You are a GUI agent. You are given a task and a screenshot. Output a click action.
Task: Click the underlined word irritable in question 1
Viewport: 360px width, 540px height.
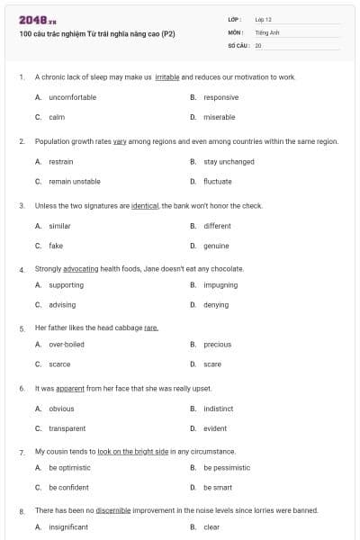[167, 77]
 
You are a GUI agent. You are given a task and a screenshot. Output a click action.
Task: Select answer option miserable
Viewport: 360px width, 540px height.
[219, 117]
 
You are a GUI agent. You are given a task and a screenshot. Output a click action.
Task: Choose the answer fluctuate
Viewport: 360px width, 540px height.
[217, 181]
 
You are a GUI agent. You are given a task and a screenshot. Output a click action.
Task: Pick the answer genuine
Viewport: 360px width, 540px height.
[216, 246]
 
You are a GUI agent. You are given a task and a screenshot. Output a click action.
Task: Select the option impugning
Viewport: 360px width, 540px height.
[220, 285]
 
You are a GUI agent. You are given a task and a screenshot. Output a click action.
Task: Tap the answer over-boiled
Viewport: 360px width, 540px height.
[67, 345]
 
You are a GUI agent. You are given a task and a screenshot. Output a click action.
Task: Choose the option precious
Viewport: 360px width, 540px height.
[217, 345]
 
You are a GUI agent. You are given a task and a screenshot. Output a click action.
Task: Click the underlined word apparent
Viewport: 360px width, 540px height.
[69, 389]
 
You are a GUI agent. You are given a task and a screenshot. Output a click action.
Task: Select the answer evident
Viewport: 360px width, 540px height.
[215, 428]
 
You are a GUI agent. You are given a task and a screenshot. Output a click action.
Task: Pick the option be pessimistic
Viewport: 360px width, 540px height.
[227, 468]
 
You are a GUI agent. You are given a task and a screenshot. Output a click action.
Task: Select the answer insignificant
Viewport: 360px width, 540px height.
[68, 527]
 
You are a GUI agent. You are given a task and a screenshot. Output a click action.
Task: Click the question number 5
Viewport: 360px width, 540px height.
[22, 328]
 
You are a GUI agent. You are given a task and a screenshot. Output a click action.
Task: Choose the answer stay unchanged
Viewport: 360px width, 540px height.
[229, 162]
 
